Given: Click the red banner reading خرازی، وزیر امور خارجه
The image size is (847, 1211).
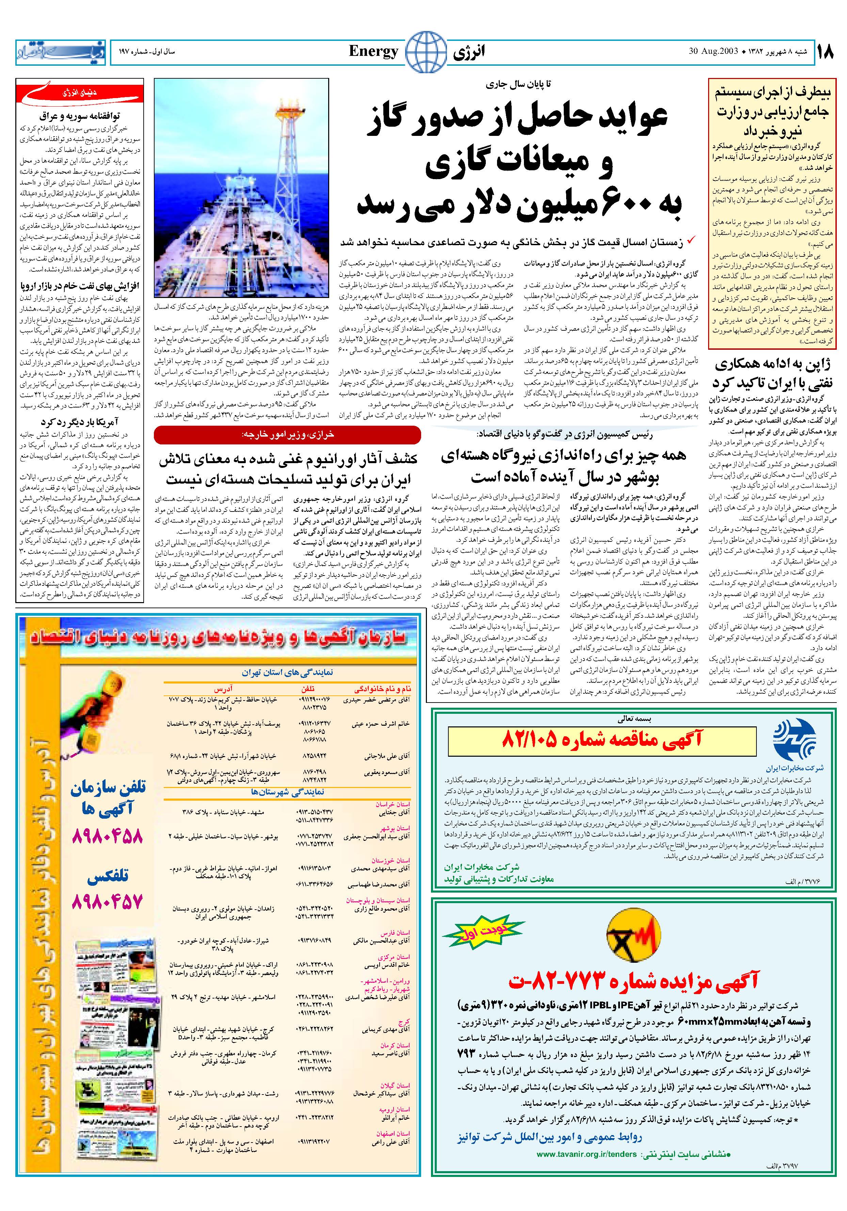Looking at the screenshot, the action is pos(287,434).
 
